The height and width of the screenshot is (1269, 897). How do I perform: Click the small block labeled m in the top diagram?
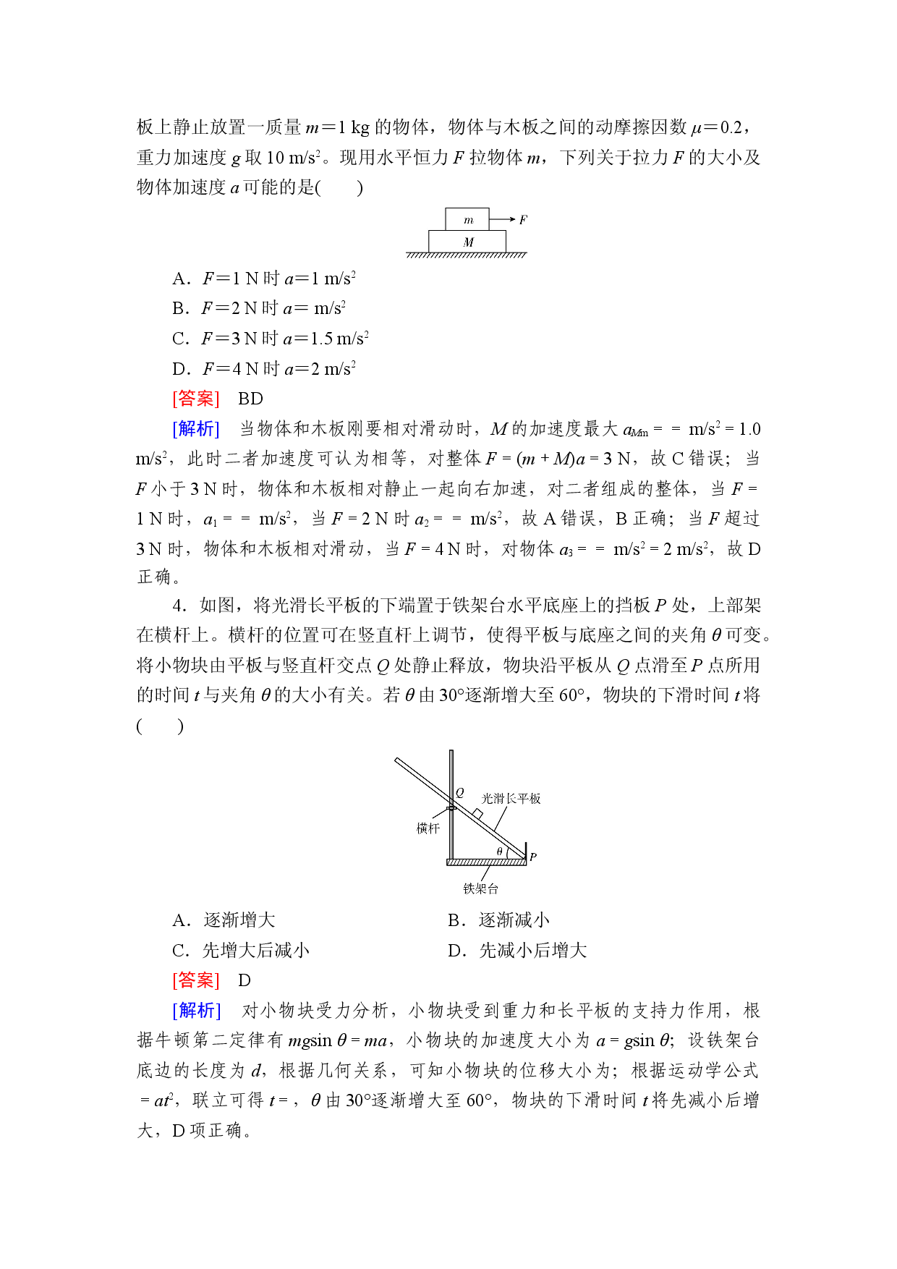467,219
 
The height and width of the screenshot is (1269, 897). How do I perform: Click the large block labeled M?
467,242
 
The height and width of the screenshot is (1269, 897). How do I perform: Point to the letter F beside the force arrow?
523,219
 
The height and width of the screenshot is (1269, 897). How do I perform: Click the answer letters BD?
250,399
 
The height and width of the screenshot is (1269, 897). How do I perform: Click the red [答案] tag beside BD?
196,399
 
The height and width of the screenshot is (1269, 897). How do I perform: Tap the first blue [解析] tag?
196,429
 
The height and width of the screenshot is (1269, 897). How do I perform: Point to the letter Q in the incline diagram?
459,793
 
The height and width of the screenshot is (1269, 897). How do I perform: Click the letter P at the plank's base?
533,857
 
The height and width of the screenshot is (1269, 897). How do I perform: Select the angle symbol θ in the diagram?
499,852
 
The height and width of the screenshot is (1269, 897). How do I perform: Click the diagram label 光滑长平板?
511,799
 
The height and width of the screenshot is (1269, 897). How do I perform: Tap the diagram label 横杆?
428,828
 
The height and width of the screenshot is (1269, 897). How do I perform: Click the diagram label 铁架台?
481,888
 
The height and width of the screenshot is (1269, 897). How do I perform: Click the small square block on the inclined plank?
477,814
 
